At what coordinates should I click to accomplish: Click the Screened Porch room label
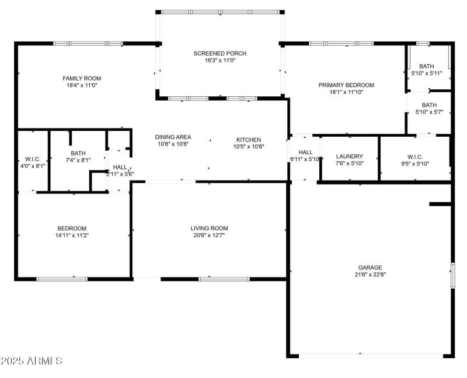pyautogui.click(x=220, y=53)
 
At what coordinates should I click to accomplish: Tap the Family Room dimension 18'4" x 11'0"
pyautogui.click(x=82, y=85)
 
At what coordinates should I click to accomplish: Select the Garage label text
pyautogui.click(x=370, y=267)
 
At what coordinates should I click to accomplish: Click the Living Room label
pyautogui.click(x=209, y=228)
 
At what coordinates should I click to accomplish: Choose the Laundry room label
pyautogui.click(x=350, y=156)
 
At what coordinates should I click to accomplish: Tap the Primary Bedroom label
pyautogui.click(x=346, y=85)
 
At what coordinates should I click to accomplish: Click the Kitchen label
pyautogui.click(x=248, y=140)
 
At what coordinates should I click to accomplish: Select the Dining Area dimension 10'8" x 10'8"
pyautogui.click(x=173, y=144)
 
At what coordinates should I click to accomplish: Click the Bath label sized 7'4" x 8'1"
pyautogui.click(x=78, y=153)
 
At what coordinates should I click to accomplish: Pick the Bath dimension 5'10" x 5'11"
pyautogui.click(x=427, y=73)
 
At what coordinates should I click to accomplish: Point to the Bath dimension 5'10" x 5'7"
pyautogui.click(x=430, y=112)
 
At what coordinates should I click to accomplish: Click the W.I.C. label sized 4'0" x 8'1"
pyautogui.click(x=32, y=159)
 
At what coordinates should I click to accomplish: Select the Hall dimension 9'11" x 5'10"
pyautogui.click(x=305, y=159)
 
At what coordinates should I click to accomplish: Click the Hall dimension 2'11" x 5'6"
pyautogui.click(x=120, y=174)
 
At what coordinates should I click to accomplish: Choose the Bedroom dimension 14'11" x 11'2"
pyautogui.click(x=72, y=235)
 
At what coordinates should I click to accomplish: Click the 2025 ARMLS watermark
pyautogui.click(x=32, y=361)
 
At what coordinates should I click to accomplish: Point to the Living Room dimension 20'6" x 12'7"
pyautogui.click(x=209, y=235)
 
